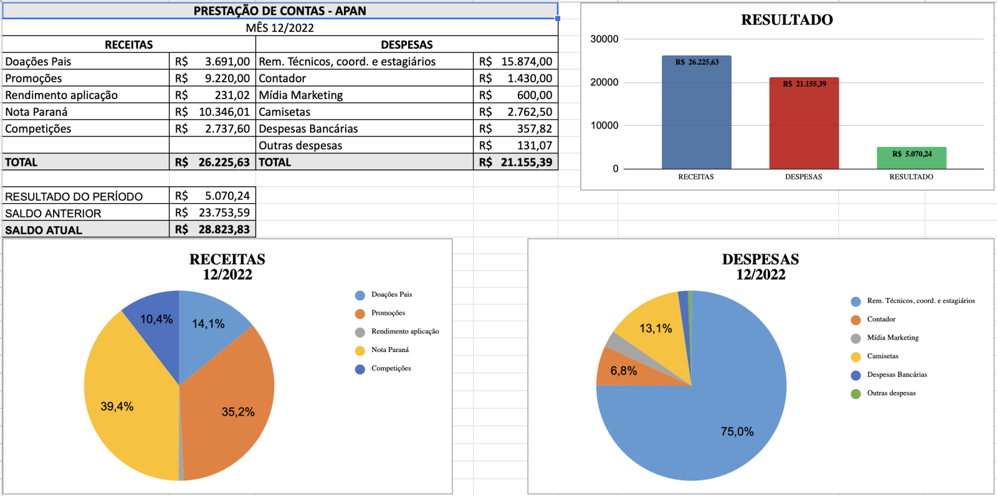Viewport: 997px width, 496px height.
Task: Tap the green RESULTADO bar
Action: pos(911,160)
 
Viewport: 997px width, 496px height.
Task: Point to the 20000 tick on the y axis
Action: pos(604,82)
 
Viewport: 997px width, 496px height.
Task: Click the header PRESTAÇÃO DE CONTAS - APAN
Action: pos(280,11)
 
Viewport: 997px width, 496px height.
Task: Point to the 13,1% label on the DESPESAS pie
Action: pos(656,328)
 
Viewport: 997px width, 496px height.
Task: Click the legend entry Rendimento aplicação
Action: pos(404,331)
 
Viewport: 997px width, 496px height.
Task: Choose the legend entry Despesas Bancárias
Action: pos(897,375)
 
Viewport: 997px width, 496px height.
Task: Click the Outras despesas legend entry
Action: pos(891,393)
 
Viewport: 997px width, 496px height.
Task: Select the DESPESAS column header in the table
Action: pos(406,45)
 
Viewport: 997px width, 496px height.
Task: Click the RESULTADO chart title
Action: pos(786,20)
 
